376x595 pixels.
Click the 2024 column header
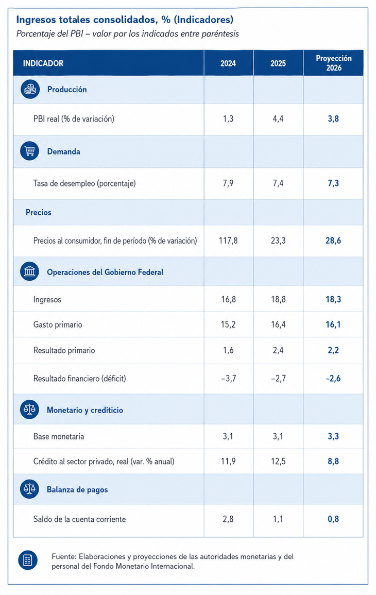click(228, 63)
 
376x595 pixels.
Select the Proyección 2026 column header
click(333, 63)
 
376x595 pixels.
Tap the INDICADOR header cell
click(43, 63)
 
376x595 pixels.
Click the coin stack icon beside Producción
click(30, 90)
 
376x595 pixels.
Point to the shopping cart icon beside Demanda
click(29, 151)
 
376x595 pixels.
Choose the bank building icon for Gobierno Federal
click(29, 271)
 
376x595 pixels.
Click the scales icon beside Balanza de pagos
click(29, 489)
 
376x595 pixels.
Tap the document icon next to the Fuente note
click(28, 560)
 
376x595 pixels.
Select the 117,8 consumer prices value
click(228, 241)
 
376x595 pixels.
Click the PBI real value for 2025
click(278, 119)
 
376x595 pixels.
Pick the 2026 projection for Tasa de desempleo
click(333, 183)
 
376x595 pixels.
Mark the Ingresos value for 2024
click(228, 299)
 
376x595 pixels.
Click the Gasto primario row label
click(58, 325)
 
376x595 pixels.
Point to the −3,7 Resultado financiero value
click(228, 378)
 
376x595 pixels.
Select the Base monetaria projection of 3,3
click(333, 436)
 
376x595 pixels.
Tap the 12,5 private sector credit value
click(278, 462)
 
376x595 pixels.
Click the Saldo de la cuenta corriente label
click(79, 519)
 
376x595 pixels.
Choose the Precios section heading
click(38, 212)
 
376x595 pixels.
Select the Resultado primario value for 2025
click(278, 350)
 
